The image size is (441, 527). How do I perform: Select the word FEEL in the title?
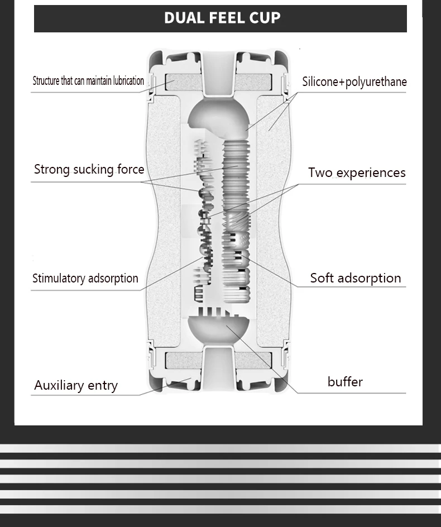pos(223,18)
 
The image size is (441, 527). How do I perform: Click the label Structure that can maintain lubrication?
pos(88,81)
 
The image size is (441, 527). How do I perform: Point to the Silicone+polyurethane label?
pos(354,82)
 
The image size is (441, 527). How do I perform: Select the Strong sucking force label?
pos(89,170)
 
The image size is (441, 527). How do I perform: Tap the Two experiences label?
pos(357,173)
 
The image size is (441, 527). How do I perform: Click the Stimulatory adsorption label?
pos(85,279)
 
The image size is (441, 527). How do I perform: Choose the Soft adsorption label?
pos(356,278)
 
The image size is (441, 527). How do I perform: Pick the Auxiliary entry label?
pos(76,386)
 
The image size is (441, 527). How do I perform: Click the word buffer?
pos(345,382)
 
